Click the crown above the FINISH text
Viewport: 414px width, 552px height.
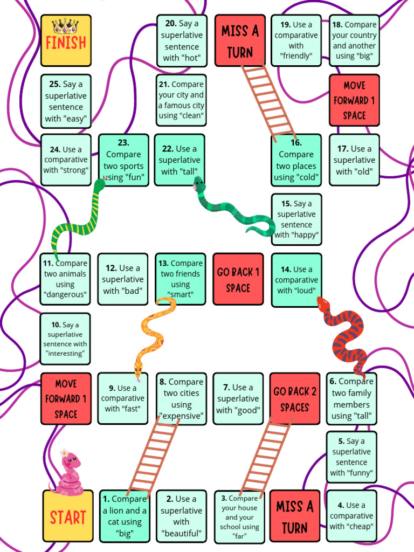pyautogui.click(x=65, y=26)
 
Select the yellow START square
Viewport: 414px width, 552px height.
pyautogui.click(x=68, y=516)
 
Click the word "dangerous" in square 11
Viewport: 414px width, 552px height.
pyautogui.click(x=65, y=294)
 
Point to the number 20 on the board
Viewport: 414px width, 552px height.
pyautogui.click(x=171, y=24)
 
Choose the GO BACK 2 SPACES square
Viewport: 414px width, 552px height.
pyautogui.click(x=295, y=398)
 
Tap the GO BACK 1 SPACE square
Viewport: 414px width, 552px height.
pyautogui.click(x=238, y=279)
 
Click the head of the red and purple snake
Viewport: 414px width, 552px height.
pyautogui.click(x=323, y=303)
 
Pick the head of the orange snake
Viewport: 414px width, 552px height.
pyautogui.click(x=138, y=369)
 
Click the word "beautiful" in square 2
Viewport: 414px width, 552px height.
pyautogui.click(x=181, y=533)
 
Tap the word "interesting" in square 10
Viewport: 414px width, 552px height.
pyautogui.click(x=65, y=354)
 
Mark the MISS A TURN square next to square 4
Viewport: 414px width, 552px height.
pyautogui.click(x=295, y=516)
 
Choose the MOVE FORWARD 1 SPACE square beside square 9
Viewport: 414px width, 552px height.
pyautogui.click(x=66, y=398)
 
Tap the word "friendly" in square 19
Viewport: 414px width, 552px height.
pyautogui.click(x=296, y=56)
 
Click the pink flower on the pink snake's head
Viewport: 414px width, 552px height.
pyautogui.click(x=64, y=453)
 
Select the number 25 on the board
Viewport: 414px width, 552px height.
pyautogui.click(x=55, y=84)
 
